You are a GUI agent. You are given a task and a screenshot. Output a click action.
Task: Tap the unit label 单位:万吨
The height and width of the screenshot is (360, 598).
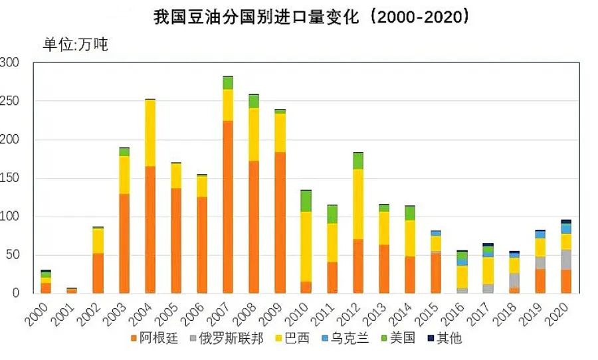tap(75, 45)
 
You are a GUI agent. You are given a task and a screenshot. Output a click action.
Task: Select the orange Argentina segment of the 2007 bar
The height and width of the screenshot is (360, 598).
tap(228, 206)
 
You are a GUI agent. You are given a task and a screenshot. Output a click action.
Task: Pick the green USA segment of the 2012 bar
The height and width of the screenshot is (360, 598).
tap(358, 161)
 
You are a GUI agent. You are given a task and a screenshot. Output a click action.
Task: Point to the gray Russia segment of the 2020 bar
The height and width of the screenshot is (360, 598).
tap(565, 260)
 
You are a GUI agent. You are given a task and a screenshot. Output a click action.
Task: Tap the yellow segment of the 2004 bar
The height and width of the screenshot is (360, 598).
tap(150, 133)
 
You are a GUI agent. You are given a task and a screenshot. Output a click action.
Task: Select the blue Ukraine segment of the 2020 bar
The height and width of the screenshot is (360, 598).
tap(565, 228)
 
